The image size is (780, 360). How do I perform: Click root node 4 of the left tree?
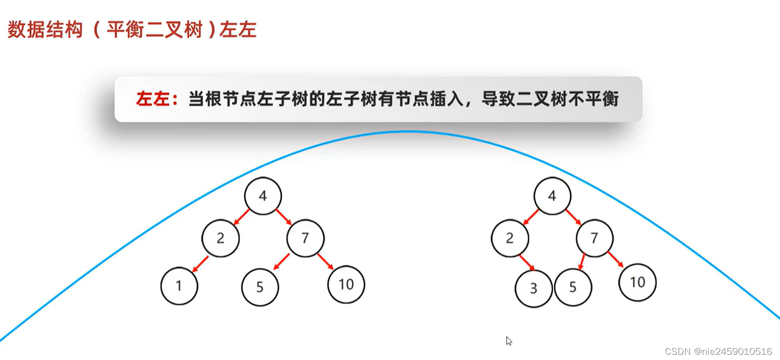click(x=263, y=196)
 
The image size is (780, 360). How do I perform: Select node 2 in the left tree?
click(x=221, y=238)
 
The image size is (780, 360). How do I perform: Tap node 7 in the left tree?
click(x=305, y=238)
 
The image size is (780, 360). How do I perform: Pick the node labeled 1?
click(x=179, y=286)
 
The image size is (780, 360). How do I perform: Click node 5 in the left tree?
click(x=260, y=287)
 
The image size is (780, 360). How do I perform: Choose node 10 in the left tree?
click(x=346, y=284)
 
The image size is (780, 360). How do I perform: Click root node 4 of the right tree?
click(x=552, y=196)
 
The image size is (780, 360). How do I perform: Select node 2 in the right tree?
click(x=510, y=238)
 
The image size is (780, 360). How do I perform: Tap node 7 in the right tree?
click(x=595, y=238)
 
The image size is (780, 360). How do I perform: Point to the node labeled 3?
click(x=533, y=288)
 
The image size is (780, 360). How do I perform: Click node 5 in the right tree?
click(x=573, y=287)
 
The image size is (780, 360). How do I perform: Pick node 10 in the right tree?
click(x=637, y=282)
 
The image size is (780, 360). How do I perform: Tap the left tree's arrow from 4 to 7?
click(x=284, y=217)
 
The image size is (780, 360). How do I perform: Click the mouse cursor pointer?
click(x=509, y=341)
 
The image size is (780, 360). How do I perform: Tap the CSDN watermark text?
click(x=719, y=351)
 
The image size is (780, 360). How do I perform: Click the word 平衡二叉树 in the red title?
click(x=154, y=30)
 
